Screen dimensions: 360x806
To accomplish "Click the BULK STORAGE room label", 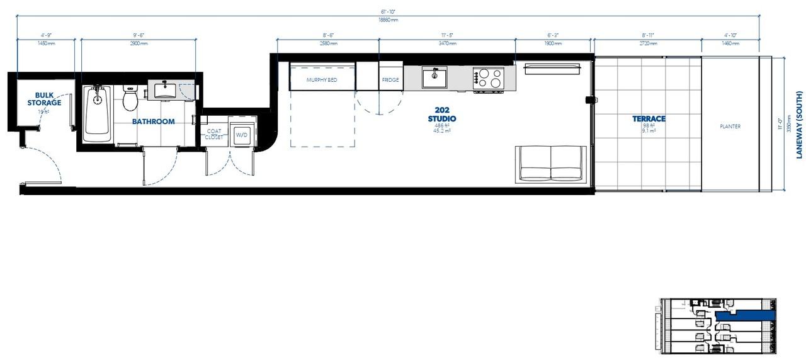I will point(44,99).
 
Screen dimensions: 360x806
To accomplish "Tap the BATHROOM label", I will point(153,121).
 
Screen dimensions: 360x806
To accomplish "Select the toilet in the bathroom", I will point(130,98).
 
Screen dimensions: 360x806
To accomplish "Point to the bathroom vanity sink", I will point(166,89).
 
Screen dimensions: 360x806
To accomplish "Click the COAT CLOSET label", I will point(214,134).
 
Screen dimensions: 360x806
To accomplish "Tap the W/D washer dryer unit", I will point(242,134).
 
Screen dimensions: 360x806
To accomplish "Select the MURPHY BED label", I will point(322,80).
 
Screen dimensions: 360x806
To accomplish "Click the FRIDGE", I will point(390,80).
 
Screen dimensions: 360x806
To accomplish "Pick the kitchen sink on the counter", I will point(434,78).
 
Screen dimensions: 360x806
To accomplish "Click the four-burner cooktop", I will point(489,78).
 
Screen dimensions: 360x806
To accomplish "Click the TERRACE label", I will point(649,119).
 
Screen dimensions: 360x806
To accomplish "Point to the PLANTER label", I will point(730,127).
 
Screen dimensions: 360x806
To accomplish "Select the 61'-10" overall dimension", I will point(388,12).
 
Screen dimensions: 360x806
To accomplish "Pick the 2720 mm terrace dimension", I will point(647,44).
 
